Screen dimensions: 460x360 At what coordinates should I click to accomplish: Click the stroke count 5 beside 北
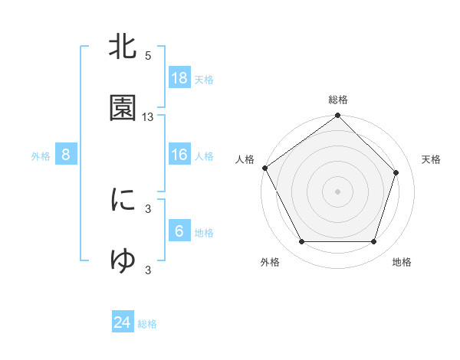[x=148, y=56]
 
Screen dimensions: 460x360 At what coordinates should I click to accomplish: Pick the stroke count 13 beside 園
[x=148, y=117]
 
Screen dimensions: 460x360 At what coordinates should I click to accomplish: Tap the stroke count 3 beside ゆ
[x=148, y=270]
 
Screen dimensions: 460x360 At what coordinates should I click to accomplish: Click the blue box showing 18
[x=179, y=78]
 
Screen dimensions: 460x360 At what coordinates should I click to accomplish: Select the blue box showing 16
[x=179, y=155]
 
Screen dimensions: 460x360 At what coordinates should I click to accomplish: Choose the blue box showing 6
[x=179, y=231]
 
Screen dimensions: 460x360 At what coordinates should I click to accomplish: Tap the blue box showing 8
[x=66, y=155]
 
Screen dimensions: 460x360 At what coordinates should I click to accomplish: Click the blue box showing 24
[x=123, y=323]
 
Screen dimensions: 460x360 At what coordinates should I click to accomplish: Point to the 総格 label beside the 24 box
[x=147, y=325]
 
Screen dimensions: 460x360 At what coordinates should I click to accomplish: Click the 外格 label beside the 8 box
[x=41, y=156]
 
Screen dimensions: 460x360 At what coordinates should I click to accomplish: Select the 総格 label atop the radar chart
[x=338, y=100]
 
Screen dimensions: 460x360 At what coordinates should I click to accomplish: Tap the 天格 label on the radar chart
[x=432, y=159]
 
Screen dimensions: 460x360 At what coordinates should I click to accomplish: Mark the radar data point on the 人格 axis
[x=265, y=169]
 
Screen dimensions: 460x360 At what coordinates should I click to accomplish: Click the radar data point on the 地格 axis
[x=374, y=242]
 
